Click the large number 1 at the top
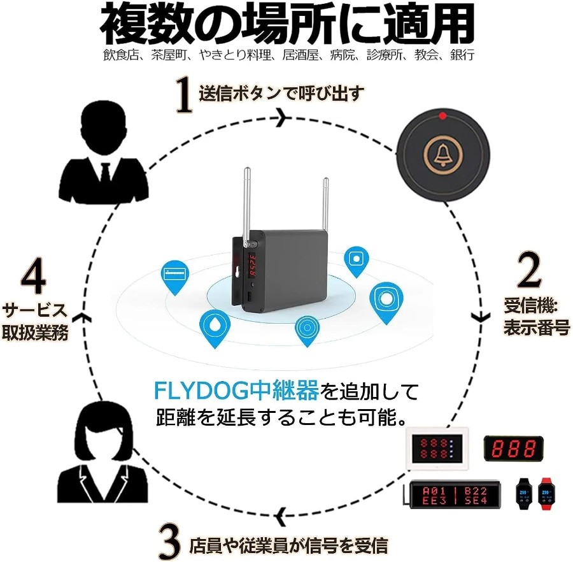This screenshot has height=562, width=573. coord(185,94)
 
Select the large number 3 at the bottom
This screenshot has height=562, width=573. coord(170,542)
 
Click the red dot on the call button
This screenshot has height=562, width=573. coord(442,116)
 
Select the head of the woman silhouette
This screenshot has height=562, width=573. coord(103,430)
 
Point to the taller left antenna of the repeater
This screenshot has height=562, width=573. coord(247,205)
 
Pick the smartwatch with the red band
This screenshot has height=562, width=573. coord(546,493)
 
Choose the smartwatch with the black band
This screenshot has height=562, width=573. coord(524,493)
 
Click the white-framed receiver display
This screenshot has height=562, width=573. coord(437,448)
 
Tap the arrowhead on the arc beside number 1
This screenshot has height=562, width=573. coord(283,117)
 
